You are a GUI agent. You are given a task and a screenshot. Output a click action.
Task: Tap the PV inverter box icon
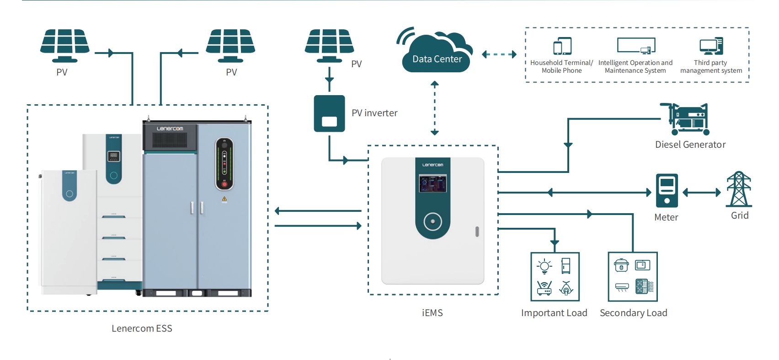tap(329, 113)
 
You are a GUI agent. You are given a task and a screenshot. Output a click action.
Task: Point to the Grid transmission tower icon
tap(739, 189)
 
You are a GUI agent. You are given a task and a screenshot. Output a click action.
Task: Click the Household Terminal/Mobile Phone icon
tap(562, 46)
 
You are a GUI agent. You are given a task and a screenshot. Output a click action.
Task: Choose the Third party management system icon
tap(711, 46)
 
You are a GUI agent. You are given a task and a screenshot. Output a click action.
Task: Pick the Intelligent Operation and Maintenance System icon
tap(636, 46)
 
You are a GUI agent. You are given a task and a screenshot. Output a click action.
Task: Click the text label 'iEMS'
tap(432, 313)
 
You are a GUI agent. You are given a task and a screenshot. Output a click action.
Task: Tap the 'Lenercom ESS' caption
tap(142, 328)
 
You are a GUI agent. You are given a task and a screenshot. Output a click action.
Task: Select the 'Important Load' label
tap(554, 313)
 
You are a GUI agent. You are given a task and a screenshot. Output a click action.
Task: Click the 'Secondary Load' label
tap(633, 313)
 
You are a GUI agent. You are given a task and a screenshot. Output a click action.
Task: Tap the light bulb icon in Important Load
tap(544, 266)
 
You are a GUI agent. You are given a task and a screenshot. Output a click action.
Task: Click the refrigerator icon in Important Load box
tap(566, 266)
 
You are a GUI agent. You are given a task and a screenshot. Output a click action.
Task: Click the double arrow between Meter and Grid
tap(702, 193)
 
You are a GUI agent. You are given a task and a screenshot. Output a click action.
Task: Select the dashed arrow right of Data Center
tap(499, 54)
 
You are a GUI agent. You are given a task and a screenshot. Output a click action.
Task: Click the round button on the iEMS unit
tap(432, 222)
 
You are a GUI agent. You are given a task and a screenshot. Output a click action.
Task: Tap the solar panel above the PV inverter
tap(329, 45)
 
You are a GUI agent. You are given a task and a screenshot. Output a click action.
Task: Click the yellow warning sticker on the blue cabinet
tap(224, 199)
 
